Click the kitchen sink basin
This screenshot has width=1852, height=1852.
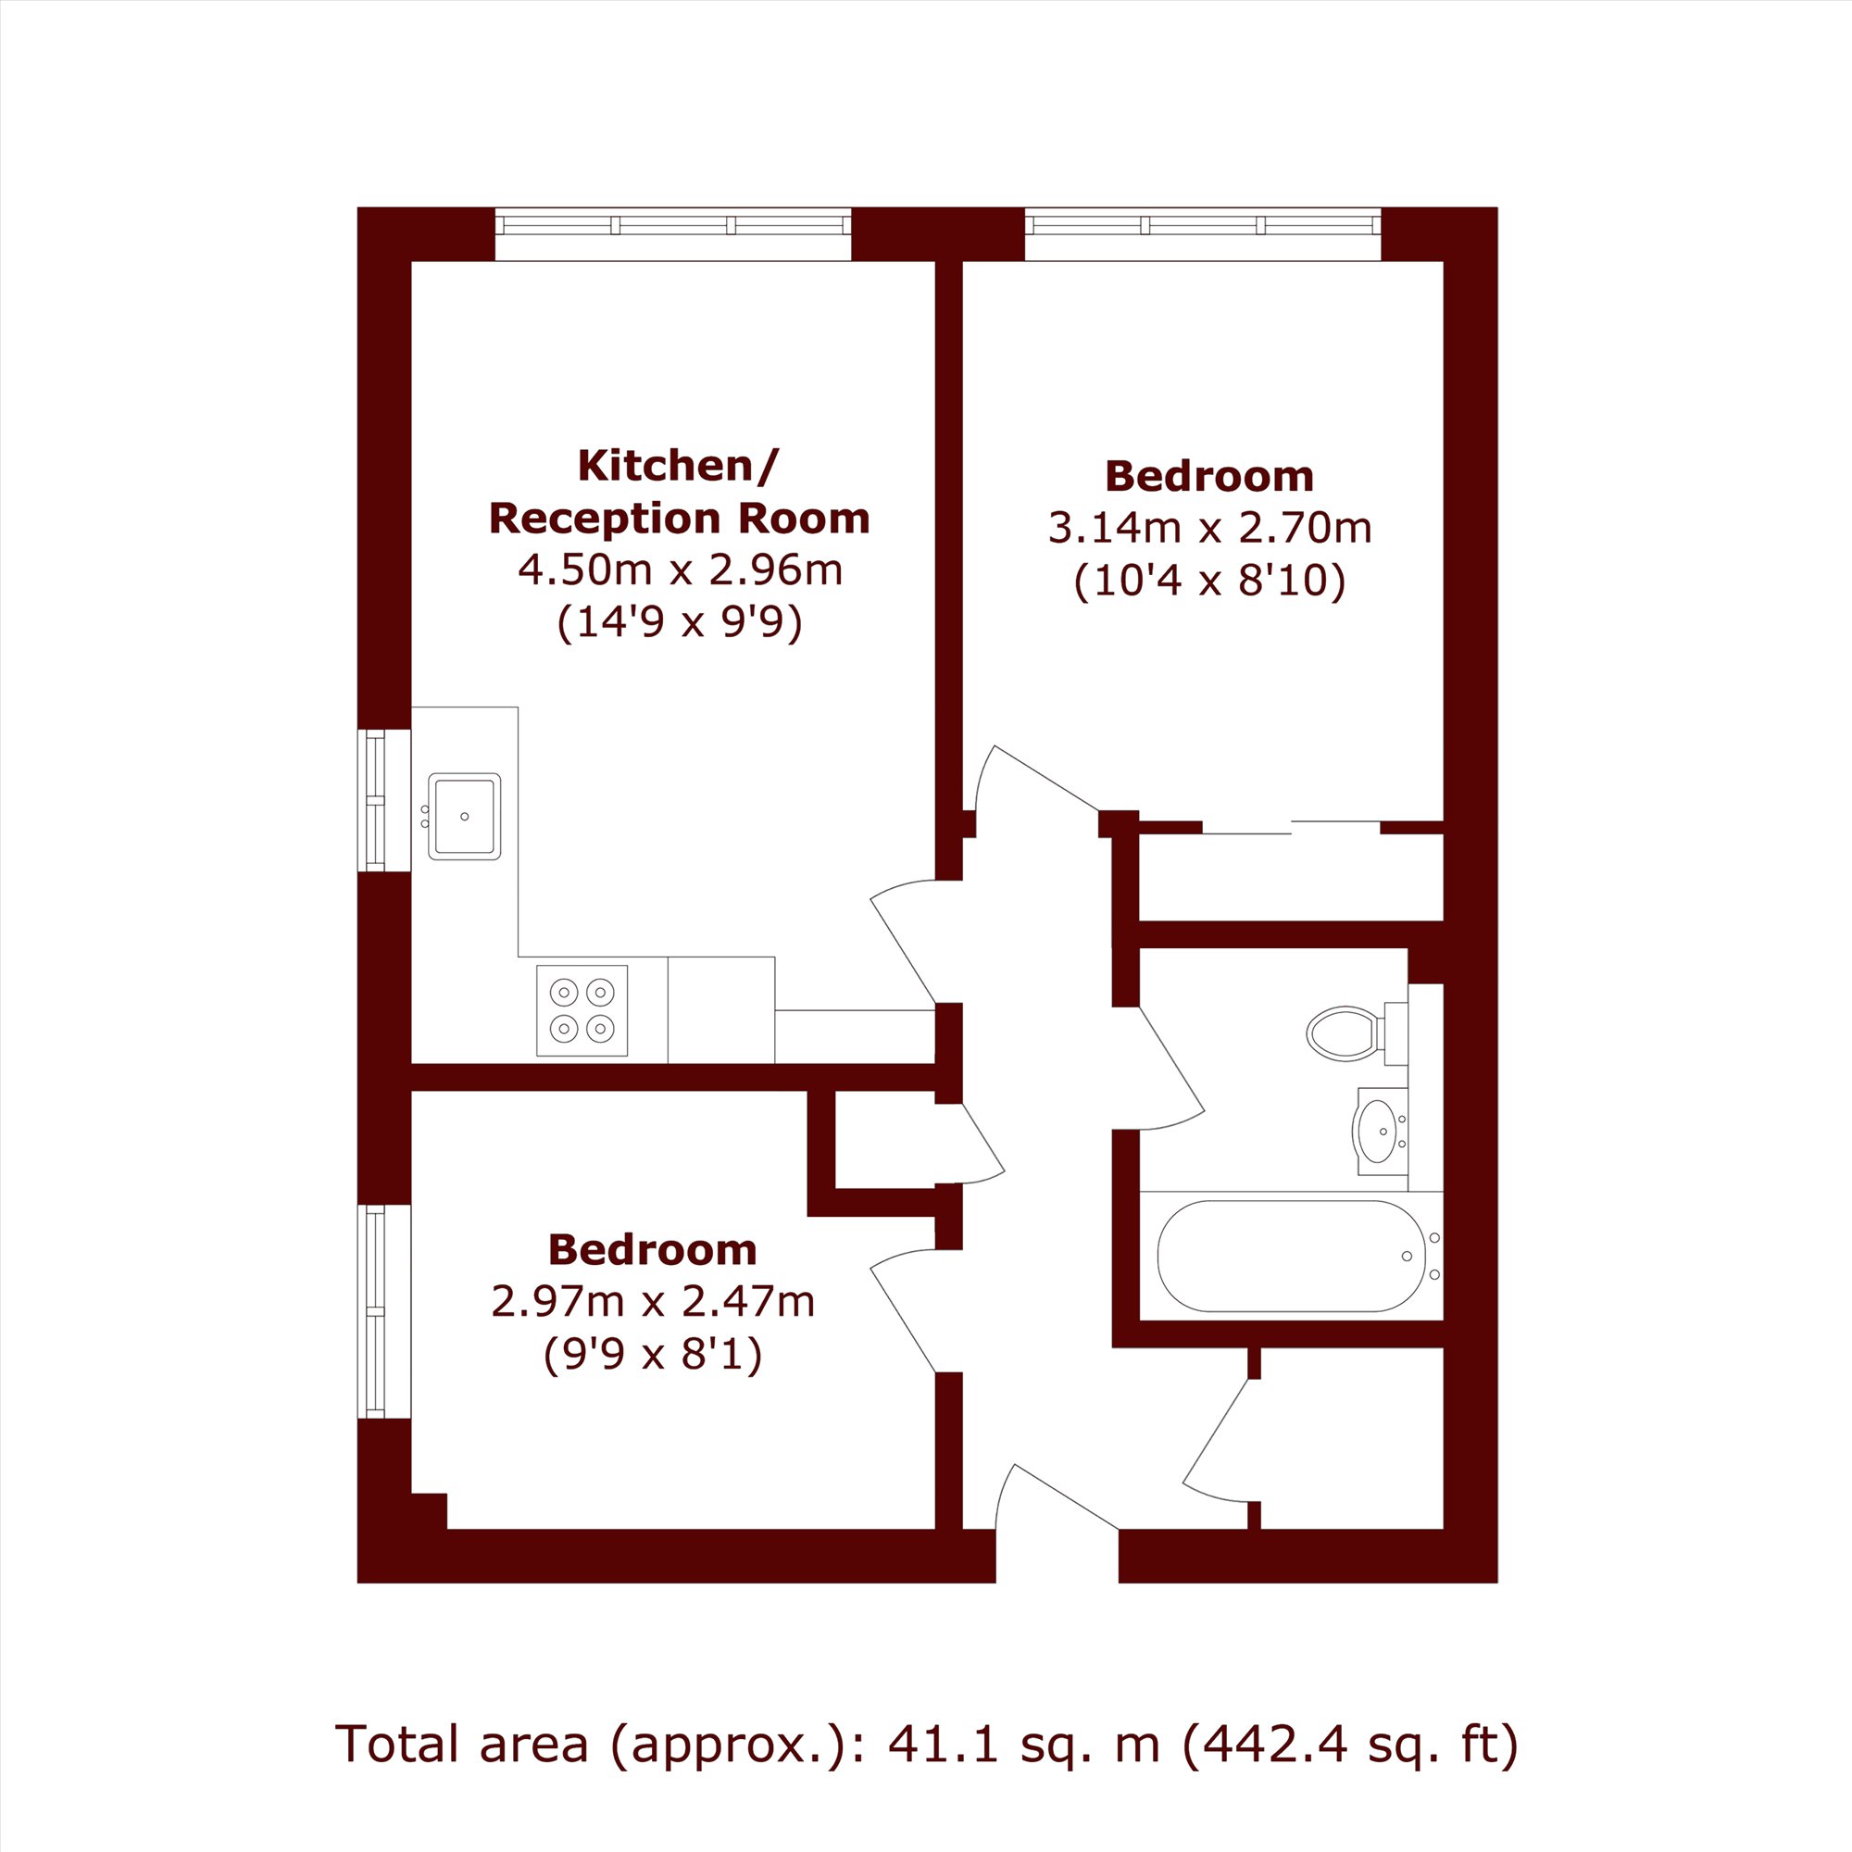464,816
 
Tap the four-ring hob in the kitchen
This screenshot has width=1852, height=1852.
582,1010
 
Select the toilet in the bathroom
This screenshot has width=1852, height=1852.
1357,1033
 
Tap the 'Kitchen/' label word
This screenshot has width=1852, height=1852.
679,466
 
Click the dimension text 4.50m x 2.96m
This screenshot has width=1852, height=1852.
680,569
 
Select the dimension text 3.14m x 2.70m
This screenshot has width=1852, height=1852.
1209,527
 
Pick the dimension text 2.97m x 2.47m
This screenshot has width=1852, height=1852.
653,1302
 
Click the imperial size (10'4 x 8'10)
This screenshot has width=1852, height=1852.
1209,580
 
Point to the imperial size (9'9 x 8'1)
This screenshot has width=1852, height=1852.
653,1355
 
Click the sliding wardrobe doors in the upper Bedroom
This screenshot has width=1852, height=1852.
1291,827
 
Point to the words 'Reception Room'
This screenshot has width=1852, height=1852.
680,519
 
